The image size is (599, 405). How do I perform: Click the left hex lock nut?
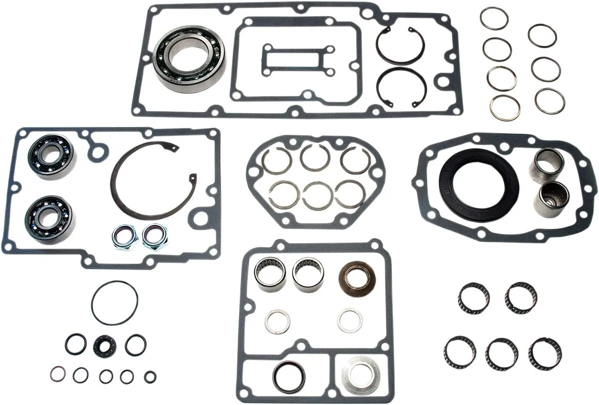coord(122,236)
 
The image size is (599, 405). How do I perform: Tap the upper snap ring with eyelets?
coord(400,46)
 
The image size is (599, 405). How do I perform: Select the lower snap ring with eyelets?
coord(401,87)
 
